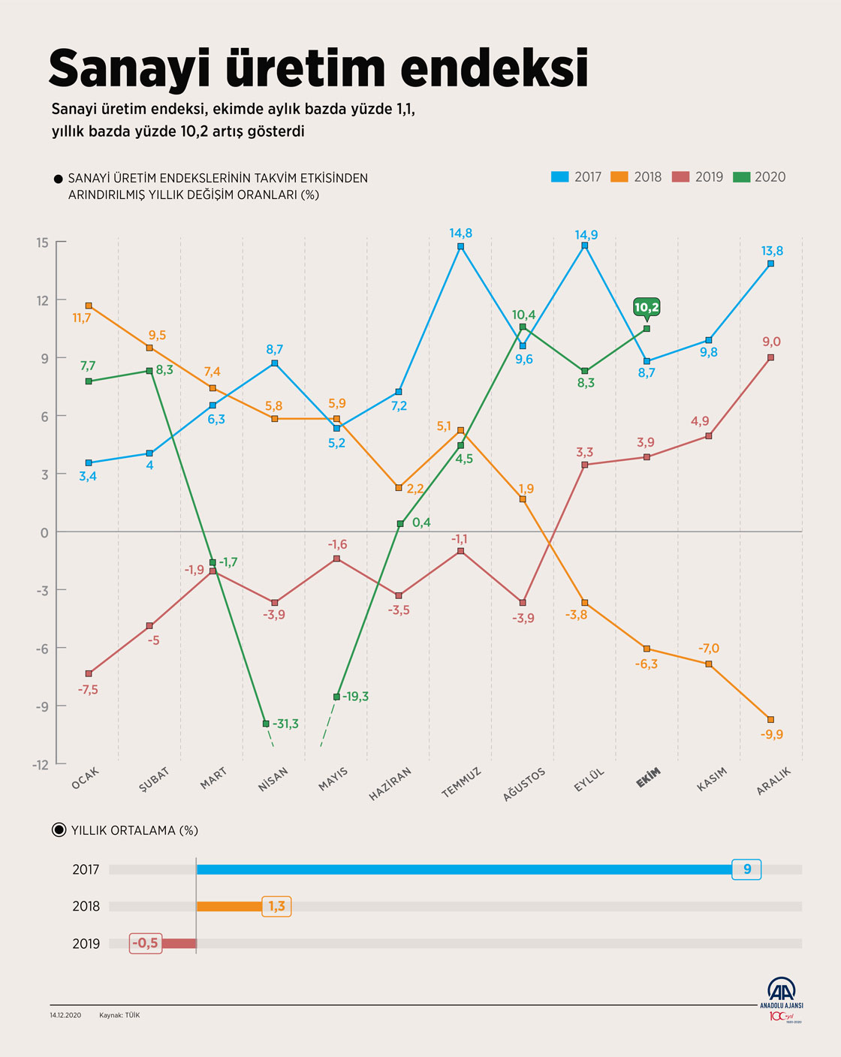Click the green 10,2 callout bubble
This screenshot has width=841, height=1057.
coord(647,307)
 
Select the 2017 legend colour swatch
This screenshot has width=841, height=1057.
coord(560,177)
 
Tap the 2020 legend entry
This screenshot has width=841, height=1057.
coord(760,177)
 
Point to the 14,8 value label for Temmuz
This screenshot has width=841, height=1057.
coord(460,233)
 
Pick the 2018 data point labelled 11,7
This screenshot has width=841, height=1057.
coord(89,306)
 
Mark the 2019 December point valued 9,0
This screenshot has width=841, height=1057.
coord(770,357)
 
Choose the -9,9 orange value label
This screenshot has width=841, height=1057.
coord(771,734)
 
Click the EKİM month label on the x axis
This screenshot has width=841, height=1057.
coord(648,778)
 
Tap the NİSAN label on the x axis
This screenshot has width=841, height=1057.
coord(273,780)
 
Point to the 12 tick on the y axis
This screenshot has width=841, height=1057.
coord(41,300)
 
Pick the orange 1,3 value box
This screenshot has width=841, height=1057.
coord(276,906)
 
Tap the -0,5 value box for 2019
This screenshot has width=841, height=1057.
coord(145,943)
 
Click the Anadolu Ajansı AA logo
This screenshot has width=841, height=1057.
coord(782,992)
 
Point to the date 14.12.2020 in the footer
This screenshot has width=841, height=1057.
coord(65,1015)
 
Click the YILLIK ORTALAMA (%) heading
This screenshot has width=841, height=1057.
coord(134,830)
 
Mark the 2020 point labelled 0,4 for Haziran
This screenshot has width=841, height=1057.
coord(400,524)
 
